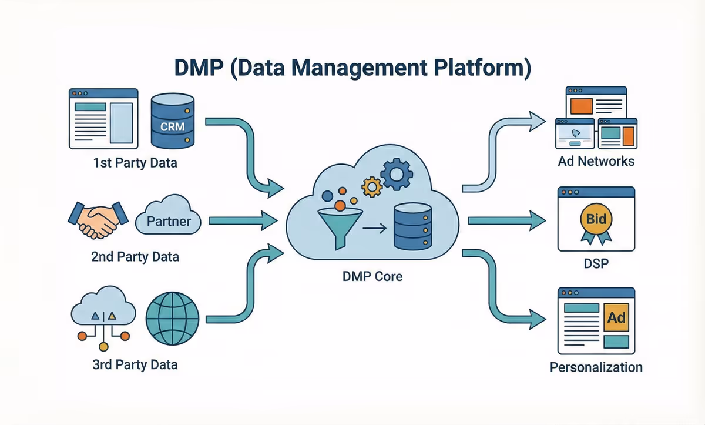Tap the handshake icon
point(98,220)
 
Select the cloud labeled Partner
point(168,222)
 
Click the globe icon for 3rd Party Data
point(169,319)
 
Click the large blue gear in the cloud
point(397,172)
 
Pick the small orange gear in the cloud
point(372,187)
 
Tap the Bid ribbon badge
point(596,223)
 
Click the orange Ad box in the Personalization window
point(616,318)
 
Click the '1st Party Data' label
point(135,162)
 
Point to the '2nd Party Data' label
point(135,256)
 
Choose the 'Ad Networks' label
point(596,160)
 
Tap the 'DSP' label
point(596,263)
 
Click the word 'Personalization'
point(596,367)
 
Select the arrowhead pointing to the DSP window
point(536,221)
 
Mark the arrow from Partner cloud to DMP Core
point(241,222)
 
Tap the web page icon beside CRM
point(103,118)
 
